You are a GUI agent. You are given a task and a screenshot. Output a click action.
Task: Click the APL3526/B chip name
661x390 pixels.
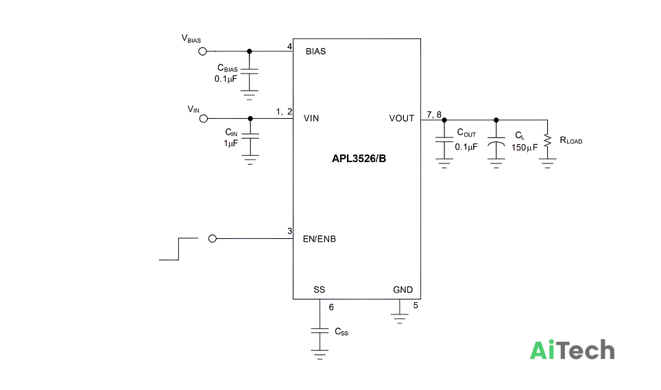pyautogui.click(x=359, y=159)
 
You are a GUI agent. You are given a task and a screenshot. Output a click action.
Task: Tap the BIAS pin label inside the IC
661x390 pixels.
pyautogui.click(x=315, y=51)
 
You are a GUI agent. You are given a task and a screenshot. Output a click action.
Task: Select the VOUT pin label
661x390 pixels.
pyautogui.click(x=401, y=118)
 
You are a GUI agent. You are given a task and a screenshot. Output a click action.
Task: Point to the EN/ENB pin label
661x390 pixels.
pyautogui.click(x=320, y=239)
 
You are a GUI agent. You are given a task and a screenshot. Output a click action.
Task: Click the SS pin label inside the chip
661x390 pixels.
pyautogui.click(x=319, y=290)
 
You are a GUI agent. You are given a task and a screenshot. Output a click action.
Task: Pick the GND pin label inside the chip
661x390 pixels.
pyautogui.click(x=402, y=290)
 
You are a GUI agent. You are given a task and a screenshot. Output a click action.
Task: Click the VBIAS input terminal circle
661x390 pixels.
pyautogui.click(x=202, y=51)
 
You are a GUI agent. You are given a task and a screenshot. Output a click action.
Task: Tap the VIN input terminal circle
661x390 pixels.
pyautogui.click(x=204, y=119)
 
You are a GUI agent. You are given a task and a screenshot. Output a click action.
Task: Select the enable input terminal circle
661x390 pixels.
pyautogui.click(x=213, y=239)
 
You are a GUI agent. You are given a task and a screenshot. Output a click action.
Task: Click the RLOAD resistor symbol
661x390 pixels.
pyautogui.click(x=548, y=141)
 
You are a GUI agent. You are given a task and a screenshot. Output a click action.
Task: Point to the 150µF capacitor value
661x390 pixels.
pyautogui.click(x=525, y=148)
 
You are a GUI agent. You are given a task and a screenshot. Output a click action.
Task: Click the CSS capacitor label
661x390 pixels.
pyautogui.click(x=341, y=332)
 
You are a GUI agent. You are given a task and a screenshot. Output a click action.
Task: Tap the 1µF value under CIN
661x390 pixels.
pyautogui.click(x=230, y=144)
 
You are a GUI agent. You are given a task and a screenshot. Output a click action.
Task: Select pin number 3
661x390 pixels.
pyautogui.click(x=289, y=231)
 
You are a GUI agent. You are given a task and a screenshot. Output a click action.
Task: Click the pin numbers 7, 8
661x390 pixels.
pyautogui.click(x=434, y=115)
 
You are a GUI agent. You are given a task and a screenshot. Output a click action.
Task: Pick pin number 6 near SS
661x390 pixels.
pyautogui.click(x=331, y=308)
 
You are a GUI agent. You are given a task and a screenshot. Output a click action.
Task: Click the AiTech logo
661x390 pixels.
pyautogui.click(x=572, y=350)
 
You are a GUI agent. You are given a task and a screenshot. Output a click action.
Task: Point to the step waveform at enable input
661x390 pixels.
pyautogui.click(x=179, y=249)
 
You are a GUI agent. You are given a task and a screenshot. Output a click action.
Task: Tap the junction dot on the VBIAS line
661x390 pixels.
pyautogui.click(x=249, y=51)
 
